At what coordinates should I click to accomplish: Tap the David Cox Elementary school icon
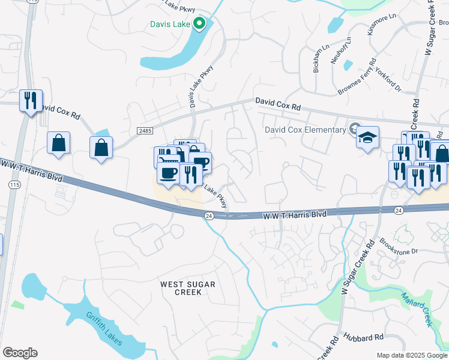coord(367,138)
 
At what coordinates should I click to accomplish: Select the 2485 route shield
coord(145,130)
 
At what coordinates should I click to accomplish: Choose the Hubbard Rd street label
coord(363,338)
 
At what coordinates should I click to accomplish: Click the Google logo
coord(20,352)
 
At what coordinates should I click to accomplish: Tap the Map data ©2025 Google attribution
coord(412,355)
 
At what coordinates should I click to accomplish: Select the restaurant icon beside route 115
coord(30,101)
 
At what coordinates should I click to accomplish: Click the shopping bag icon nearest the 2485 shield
coord(101,148)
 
